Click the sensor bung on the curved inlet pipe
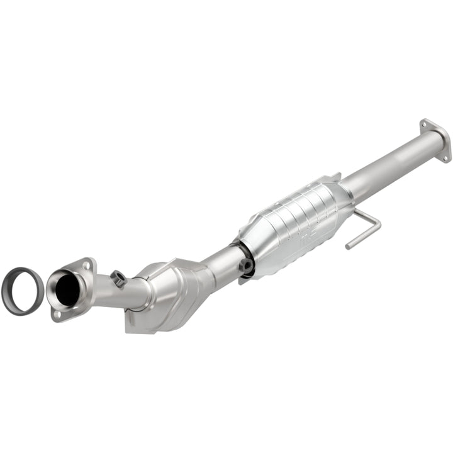pos(118,277)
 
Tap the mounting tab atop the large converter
pos(333,178)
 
